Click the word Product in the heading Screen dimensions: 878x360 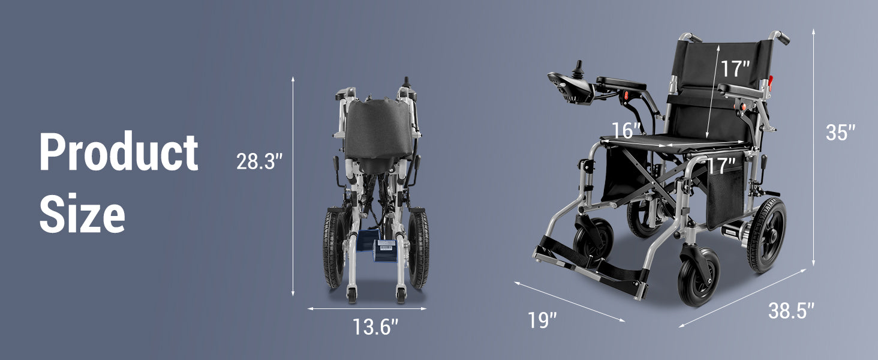click(119, 152)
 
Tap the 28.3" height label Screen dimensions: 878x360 click(260, 161)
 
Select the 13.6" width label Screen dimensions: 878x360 click(375, 326)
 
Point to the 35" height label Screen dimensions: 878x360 click(840, 133)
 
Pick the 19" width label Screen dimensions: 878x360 click(542, 320)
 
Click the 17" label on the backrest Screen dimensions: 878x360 click(735, 68)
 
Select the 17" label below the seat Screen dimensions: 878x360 click(721, 166)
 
